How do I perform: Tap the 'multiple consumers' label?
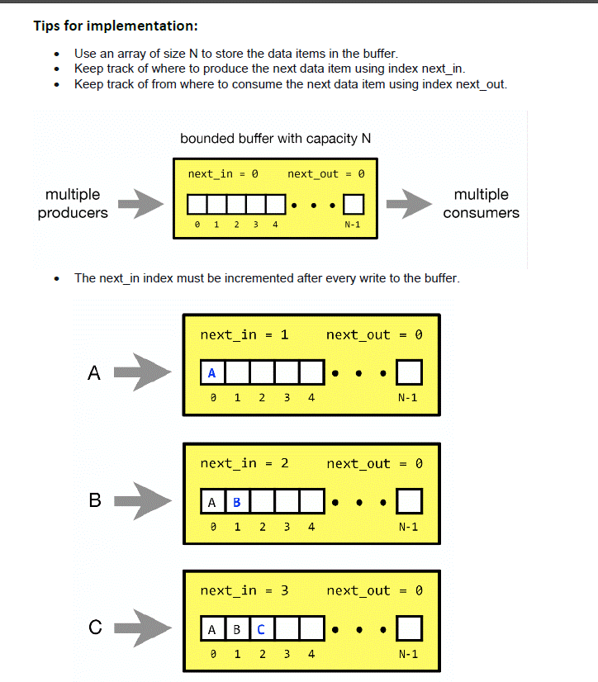[481, 203]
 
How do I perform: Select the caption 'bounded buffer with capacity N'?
[275, 139]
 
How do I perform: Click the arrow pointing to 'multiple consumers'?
[409, 203]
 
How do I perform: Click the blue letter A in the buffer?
[212, 373]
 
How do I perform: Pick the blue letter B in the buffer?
[237, 501]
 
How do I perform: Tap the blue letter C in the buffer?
[261, 629]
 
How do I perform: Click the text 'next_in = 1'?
[244, 335]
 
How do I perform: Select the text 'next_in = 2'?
[244, 464]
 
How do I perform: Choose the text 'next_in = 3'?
[244, 591]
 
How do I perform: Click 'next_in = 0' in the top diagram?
[223, 174]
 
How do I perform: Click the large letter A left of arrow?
[93, 373]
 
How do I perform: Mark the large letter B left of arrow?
[94, 500]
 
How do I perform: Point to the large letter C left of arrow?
[95, 628]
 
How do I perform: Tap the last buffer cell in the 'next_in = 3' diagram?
[410, 629]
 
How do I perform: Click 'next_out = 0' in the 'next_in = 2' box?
[374, 464]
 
